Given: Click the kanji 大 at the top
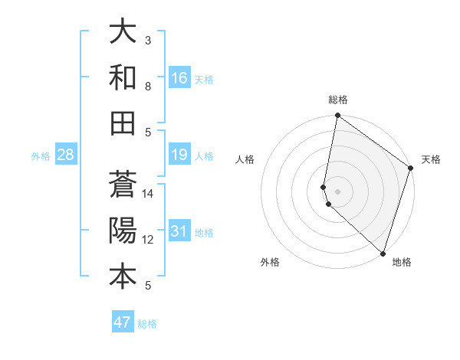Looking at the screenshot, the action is [123, 33].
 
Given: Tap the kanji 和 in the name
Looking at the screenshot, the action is [123, 77].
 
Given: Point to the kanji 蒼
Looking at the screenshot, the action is [123, 185].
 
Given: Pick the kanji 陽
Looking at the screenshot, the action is [123, 230].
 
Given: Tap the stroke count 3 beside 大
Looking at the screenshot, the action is [148, 40].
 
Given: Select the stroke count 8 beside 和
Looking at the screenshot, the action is [148, 86].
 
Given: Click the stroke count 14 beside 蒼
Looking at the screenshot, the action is [148, 194].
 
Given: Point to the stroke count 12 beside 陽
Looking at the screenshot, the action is [148, 240].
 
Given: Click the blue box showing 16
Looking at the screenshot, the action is [179, 78].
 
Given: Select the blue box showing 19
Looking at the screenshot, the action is [179, 155].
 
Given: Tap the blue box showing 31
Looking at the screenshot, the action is [179, 232].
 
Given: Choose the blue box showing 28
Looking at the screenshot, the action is [65, 155].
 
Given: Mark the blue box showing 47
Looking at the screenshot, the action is [123, 322].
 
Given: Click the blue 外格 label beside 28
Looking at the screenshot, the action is [41, 156].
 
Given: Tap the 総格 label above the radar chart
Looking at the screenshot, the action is [338, 100].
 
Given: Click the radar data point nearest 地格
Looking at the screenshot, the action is [383, 254].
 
